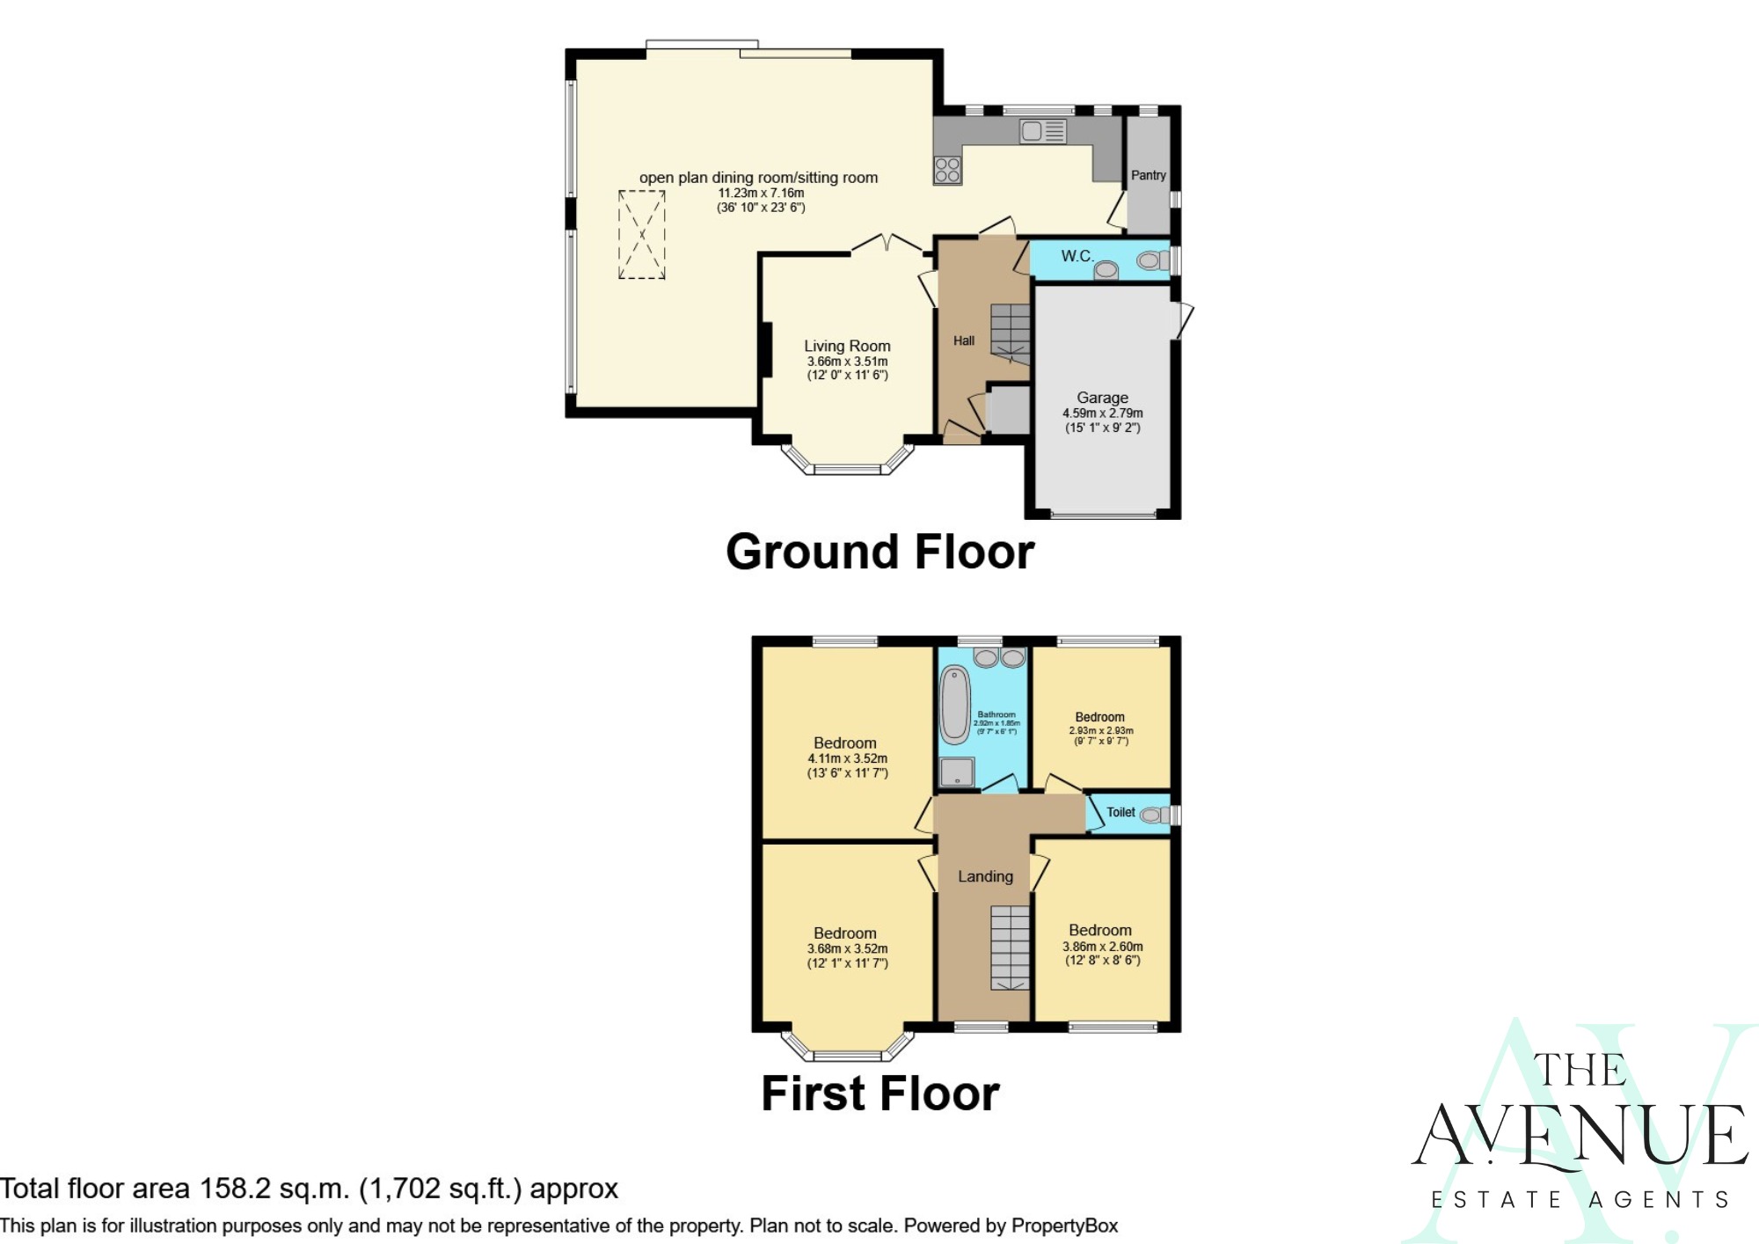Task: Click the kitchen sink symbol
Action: coord(1043,132)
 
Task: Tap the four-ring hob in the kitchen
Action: coord(947,170)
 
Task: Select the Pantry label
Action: coord(1148,175)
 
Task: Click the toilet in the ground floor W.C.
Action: coord(1151,260)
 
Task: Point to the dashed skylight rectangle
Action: coord(641,235)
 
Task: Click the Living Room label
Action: coord(847,346)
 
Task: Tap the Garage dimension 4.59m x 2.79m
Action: coord(1102,413)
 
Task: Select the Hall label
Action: coord(964,340)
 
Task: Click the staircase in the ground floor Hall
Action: coord(1011,333)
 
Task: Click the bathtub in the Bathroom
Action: coord(954,706)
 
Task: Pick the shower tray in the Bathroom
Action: coord(957,772)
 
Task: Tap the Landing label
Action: coord(985,876)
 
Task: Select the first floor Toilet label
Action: coord(1120,812)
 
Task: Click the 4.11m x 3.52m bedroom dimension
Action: coord(847,758)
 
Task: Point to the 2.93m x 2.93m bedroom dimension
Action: coord(1101,730)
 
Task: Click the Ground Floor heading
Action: coord(879,552)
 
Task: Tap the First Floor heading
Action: coord(879,1094)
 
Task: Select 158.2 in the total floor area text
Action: coord(235,1189)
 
